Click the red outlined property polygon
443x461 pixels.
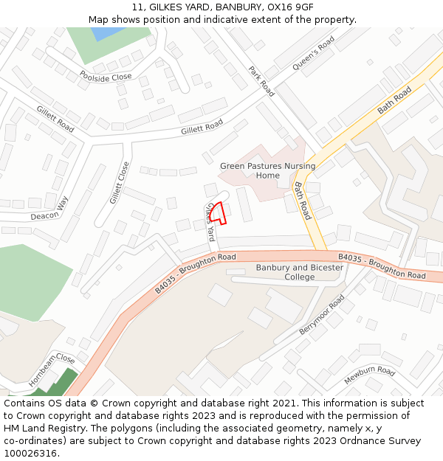217,212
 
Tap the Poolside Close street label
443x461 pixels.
106,76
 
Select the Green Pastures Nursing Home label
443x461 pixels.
267,170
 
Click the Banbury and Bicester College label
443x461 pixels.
300,272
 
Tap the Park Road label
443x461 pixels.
261,81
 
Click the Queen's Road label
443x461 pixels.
313,53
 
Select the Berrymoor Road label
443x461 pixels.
322,315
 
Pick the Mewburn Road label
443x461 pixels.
369,375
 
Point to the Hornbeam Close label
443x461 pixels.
52,370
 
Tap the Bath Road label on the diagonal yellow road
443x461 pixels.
394,100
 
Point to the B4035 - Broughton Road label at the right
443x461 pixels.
382,266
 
